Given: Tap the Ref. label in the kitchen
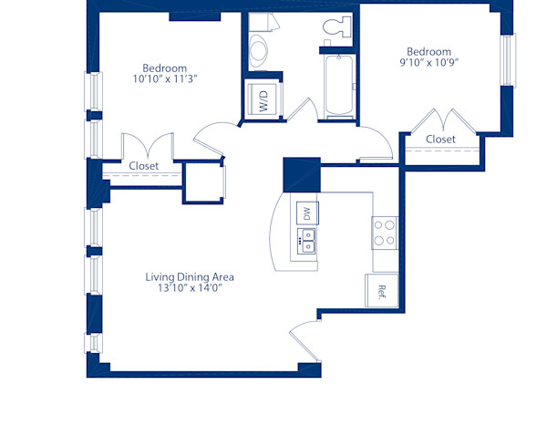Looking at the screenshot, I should (382, 292).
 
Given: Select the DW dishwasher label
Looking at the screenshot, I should (306, 213).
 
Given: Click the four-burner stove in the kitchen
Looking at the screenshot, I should (385, 233).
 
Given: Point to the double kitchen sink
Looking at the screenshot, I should (306, 242).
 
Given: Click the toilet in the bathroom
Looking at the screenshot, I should (335, 27).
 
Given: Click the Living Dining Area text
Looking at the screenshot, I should (190, 276).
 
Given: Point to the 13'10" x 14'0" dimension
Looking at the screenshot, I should (190, 288).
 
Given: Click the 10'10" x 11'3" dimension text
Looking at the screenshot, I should (165, 79).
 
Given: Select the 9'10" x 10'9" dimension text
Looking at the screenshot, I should (428, 64).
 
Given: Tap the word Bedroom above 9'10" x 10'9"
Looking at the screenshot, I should (428, 51).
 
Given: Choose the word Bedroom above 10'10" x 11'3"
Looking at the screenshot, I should (165, 68).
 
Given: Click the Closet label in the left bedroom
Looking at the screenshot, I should (143, 166).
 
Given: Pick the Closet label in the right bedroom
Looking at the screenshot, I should (440, 139).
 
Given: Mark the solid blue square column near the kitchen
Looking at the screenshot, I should (300, 174).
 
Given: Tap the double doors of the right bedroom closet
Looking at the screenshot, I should (440, 120).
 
